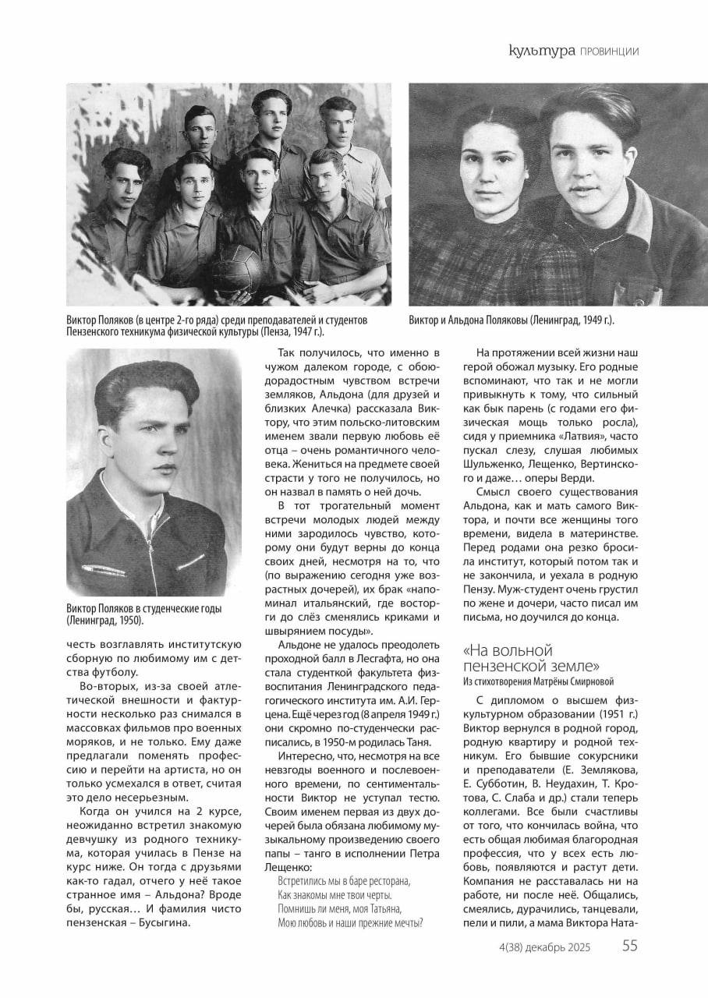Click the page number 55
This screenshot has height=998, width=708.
pyautogui.click(x=630, y=947)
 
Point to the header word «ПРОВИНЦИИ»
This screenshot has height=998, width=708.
pyautogui.click(x=609, y=52)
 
